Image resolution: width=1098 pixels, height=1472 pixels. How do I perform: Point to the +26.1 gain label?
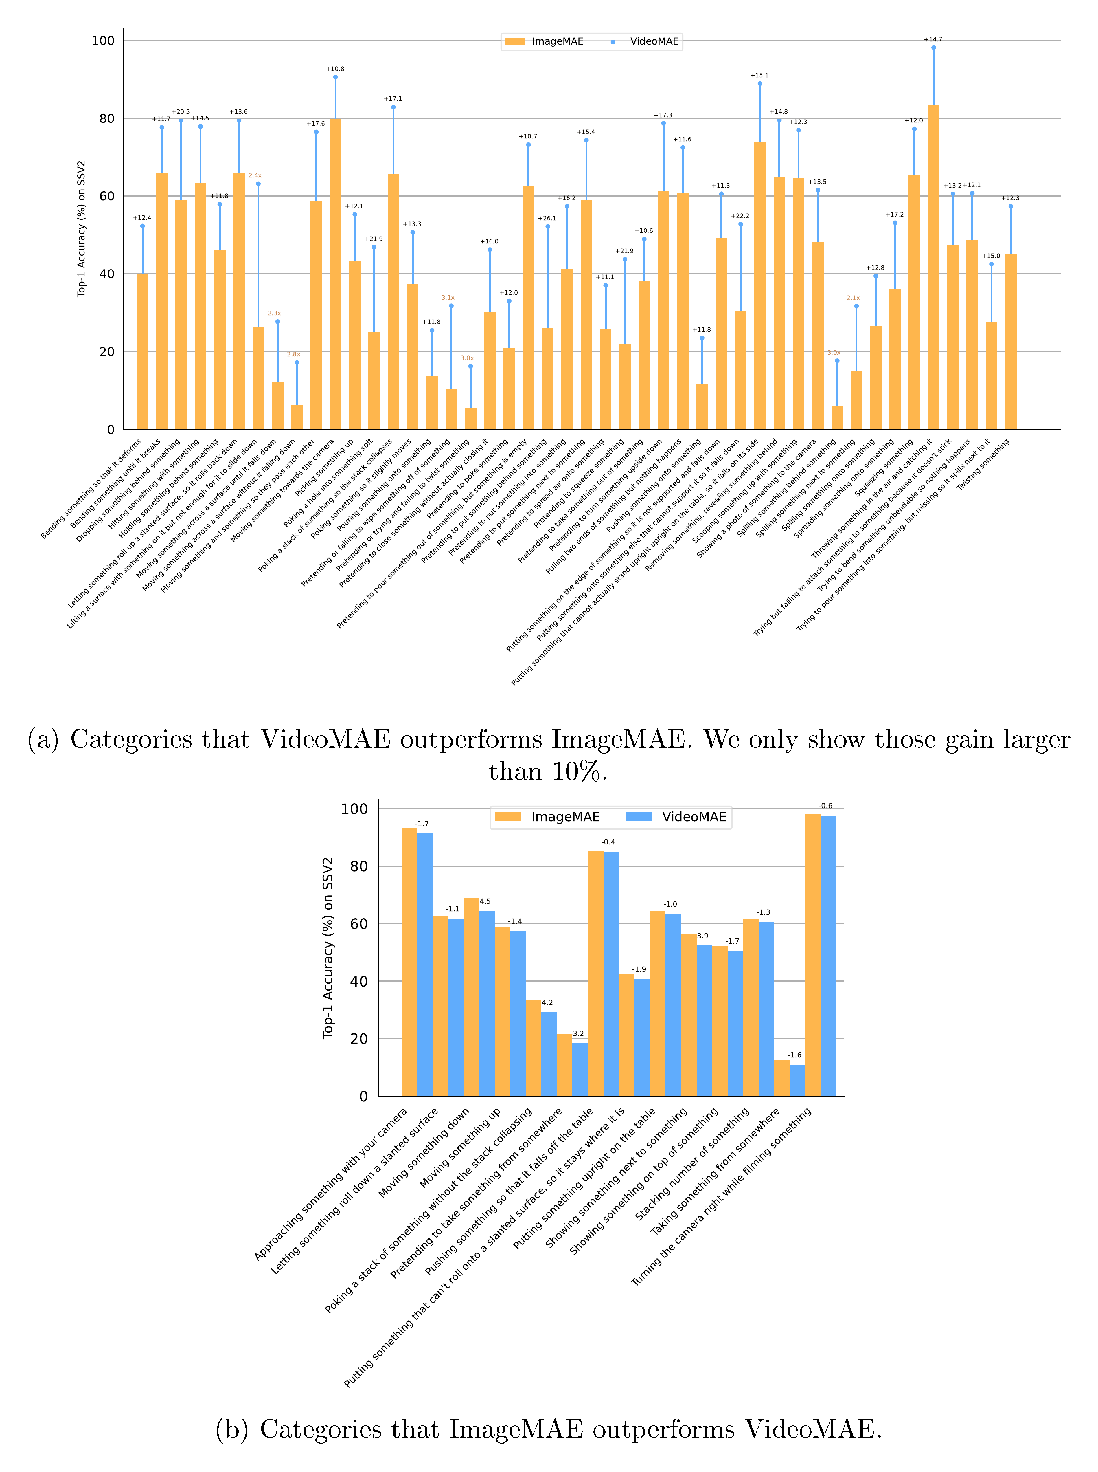(x=547, y=218)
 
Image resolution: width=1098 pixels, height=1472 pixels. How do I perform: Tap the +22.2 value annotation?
(x=740, y=216)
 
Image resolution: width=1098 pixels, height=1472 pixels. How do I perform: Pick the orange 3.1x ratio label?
(x=448, y=298)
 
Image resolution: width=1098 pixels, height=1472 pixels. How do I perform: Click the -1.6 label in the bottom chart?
(x=794, y=1055)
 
